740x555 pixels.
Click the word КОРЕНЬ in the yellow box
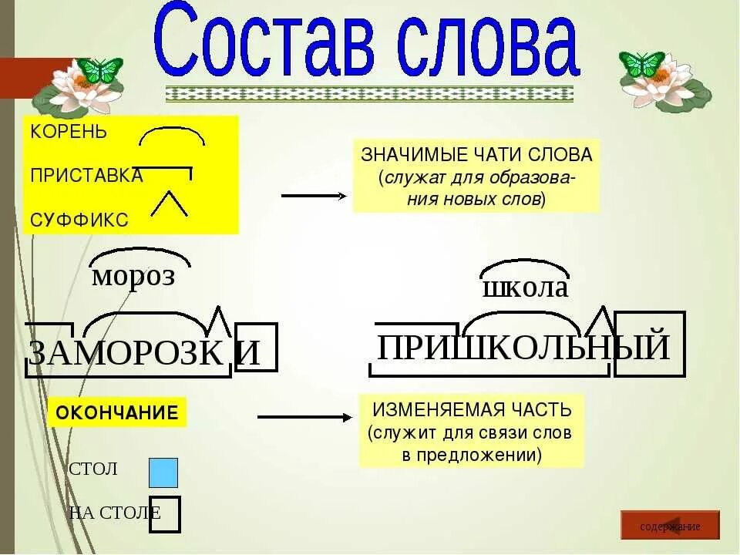(69, 131)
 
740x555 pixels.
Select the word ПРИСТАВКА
(86, 176)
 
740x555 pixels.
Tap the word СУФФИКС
(79, 220)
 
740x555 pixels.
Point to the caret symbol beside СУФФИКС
(169, 202)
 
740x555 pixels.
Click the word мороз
(133, 275)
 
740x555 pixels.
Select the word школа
(525, 288)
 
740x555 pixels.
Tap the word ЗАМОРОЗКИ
(143, 352)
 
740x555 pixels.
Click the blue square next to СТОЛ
(163, 473)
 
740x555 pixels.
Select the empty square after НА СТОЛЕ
(165, 515)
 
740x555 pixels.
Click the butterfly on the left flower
(100, 69)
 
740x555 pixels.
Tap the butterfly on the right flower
(642, 64)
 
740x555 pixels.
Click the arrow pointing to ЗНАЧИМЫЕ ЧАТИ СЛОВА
(315, 196)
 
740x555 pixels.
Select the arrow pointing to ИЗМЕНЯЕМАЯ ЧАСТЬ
(304, 417)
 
